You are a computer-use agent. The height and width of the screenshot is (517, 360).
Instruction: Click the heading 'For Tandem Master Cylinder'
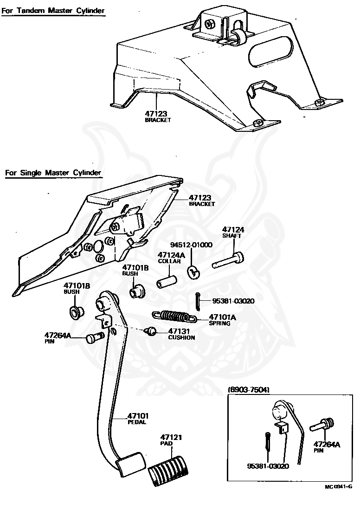pyautogui.click(x=53, y=11)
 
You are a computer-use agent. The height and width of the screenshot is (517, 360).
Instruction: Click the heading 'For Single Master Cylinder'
pyautogui.click(x=53, y=173)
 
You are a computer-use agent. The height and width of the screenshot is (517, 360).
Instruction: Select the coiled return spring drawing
pyautogui.click(x=174, y=317)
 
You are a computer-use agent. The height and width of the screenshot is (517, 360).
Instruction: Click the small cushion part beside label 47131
pyautogui.click(x=151, y=331)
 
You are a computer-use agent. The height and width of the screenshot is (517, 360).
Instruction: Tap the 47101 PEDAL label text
pyautogui.click(x=138, y=419)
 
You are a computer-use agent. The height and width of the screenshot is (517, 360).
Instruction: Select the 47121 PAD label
pyautogui.click(x=171, y=440)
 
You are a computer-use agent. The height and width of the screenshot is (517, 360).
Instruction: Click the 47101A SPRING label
pyautogui.click(x=223, y=320)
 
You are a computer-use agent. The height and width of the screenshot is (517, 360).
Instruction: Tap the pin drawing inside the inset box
pyautogui.click(x=322, y=425)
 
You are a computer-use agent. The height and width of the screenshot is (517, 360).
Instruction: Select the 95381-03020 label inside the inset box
pyautogui.click(x=268, y=466)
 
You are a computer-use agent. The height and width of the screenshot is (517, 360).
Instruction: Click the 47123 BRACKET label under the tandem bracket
pyautogui.click(x=158, y=116)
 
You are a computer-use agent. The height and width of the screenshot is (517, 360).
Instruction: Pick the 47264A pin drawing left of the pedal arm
pyautogui.click(x=95, y=338)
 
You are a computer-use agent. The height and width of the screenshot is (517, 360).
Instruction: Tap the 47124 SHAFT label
pyautogui.click(x=233, y=232)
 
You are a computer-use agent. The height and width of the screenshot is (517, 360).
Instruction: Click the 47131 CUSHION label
pyautogui.click(x=181, y=334)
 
